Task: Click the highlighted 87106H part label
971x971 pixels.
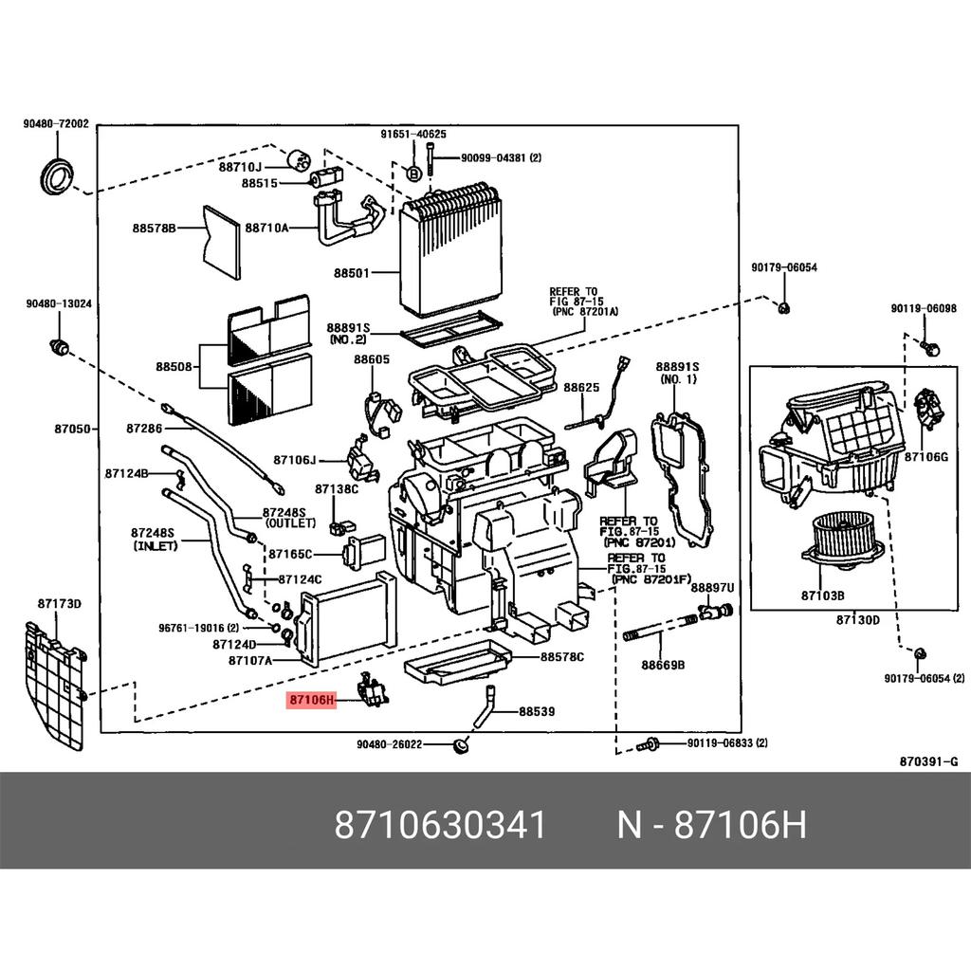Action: (x=311, y=701)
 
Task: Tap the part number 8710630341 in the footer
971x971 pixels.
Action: (x=440, y=826)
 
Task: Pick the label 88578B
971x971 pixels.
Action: (x=154, y=228)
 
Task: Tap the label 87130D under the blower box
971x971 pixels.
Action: (x=857, y=620)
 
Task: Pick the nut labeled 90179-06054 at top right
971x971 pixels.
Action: (x=783, y=307)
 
